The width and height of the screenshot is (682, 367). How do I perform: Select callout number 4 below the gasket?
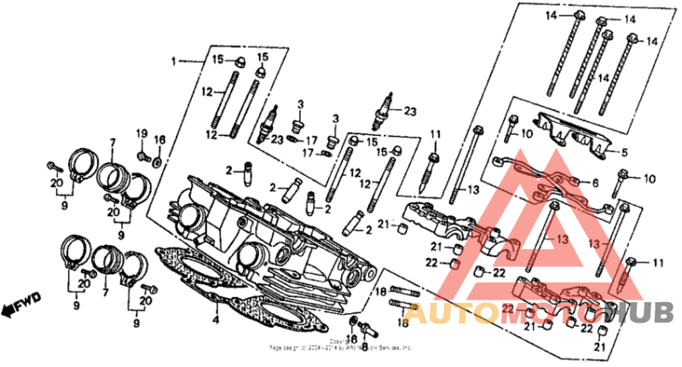click(x=217, y=321)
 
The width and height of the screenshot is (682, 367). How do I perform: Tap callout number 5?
click(x=624, y=153)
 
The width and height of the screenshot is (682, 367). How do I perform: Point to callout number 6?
click(x=594, y=183)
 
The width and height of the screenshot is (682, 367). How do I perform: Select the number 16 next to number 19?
click(x=159, y=140)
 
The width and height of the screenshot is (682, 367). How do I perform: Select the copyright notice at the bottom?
click(x=341, y=346)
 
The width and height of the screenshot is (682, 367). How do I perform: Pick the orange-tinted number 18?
click(x=402, y=323)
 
